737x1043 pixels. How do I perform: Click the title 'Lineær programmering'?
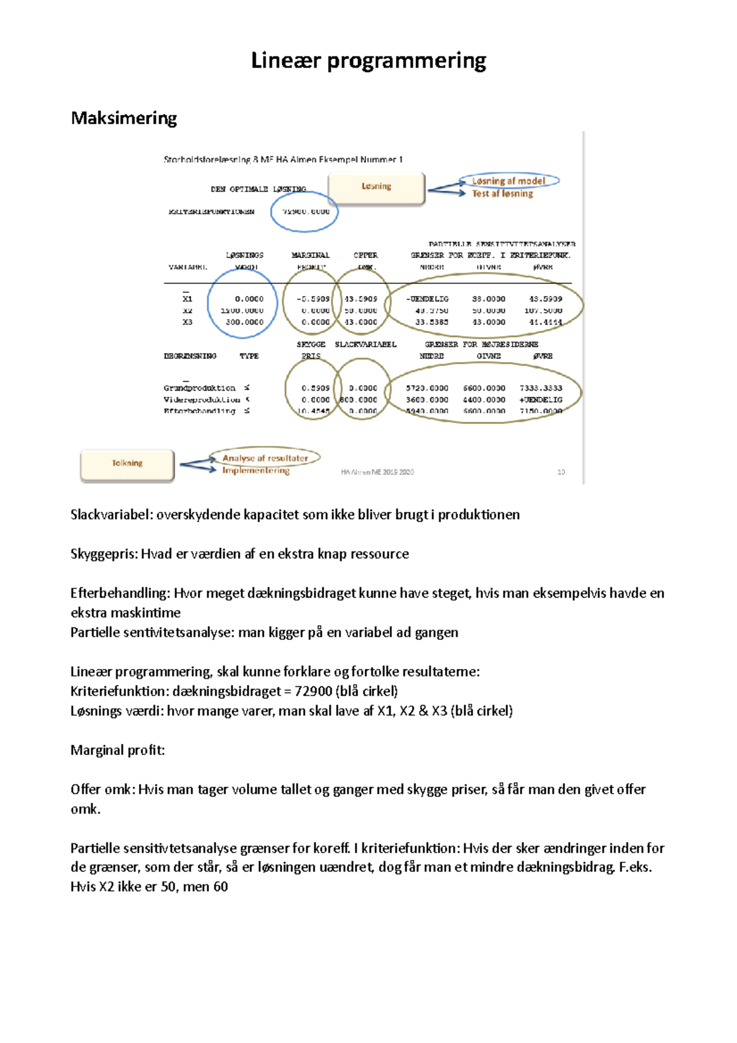pyautogui.click(x=368, y=61)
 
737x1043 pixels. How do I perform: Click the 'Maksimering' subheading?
pyautogui.click(x=123, y=118)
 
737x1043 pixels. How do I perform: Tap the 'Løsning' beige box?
pyautogui.click(x=376, y=187)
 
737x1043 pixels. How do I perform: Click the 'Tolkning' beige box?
pyautogui.click(x=127, y=464)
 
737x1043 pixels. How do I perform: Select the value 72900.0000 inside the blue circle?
pyautogui.click(x=305, y=212)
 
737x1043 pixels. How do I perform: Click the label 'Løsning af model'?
pyautogui.click(x=508, y=181)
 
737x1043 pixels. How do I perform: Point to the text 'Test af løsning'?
pyautogui.click(x=502, y=193)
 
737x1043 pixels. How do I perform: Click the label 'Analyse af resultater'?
pyautogui.click(x=265, y=458)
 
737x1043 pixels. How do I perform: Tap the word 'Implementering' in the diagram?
pyautogui.click(x=255, y=471)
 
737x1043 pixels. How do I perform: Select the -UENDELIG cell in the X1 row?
pyautogui.click(x=427, y=299)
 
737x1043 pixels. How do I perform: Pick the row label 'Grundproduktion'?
pyautogui.click(x=199, y=388)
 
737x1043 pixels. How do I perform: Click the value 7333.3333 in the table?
pyautogui.click(x=540, y=388)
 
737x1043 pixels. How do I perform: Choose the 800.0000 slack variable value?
pyautogui.click(x=359, y=400)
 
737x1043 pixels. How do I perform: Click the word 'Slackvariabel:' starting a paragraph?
pyautogui.click(x=111, y=515)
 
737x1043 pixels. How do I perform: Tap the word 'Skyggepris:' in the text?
pyautogui.click(x=104, y=554)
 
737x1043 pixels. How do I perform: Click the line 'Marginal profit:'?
pyautogui.click(x=117, y=750)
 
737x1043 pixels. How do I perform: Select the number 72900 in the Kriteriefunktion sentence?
pyautogui.click(x=313, y=691)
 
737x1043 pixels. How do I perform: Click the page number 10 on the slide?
pyautogui.click(x=561, y=472)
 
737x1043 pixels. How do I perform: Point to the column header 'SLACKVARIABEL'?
pyautogui.click(x=365, y=345)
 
